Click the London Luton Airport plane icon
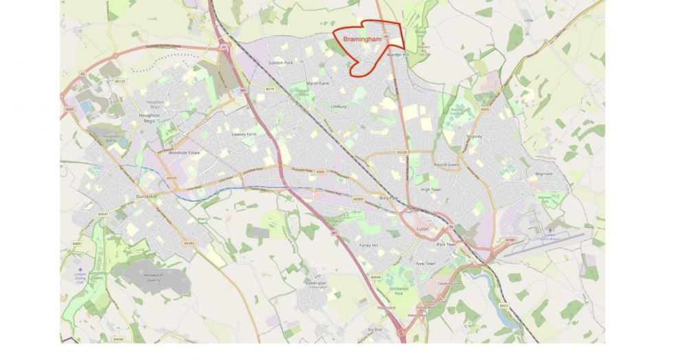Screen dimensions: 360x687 (x=550, y=230)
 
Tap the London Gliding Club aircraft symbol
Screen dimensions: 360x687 (x=80, y=270)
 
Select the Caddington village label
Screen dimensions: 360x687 (x=317, y=282)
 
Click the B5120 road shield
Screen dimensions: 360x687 (x=120, y=82)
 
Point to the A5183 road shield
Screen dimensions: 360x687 (x=189, y=243)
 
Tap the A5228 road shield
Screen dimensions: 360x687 (x=402, y=153)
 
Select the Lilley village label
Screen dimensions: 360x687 (x=528, y=21)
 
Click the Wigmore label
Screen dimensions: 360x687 (x=544, y=174)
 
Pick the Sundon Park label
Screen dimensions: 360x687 (x=280, y=63)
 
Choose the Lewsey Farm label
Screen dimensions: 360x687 (x=244, y=134)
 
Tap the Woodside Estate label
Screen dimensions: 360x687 (x=183, y=152)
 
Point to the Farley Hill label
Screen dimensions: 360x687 (x=369, y=245)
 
